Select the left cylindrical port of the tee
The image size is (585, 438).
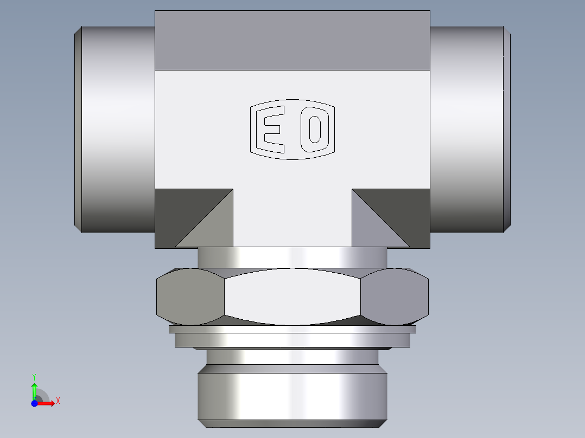pos(115,129)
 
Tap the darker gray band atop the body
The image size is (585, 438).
pos(292,41)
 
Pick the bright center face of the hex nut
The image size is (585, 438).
pos(292,297)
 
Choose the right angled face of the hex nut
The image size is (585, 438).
pos(395,297)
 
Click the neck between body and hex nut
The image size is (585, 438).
pos(292,258)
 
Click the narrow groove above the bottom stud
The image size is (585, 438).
pos(292,356)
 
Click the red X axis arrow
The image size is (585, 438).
pos(48,403)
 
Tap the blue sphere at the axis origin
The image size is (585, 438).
pos(34,403)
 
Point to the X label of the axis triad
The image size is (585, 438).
pos(58,401)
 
